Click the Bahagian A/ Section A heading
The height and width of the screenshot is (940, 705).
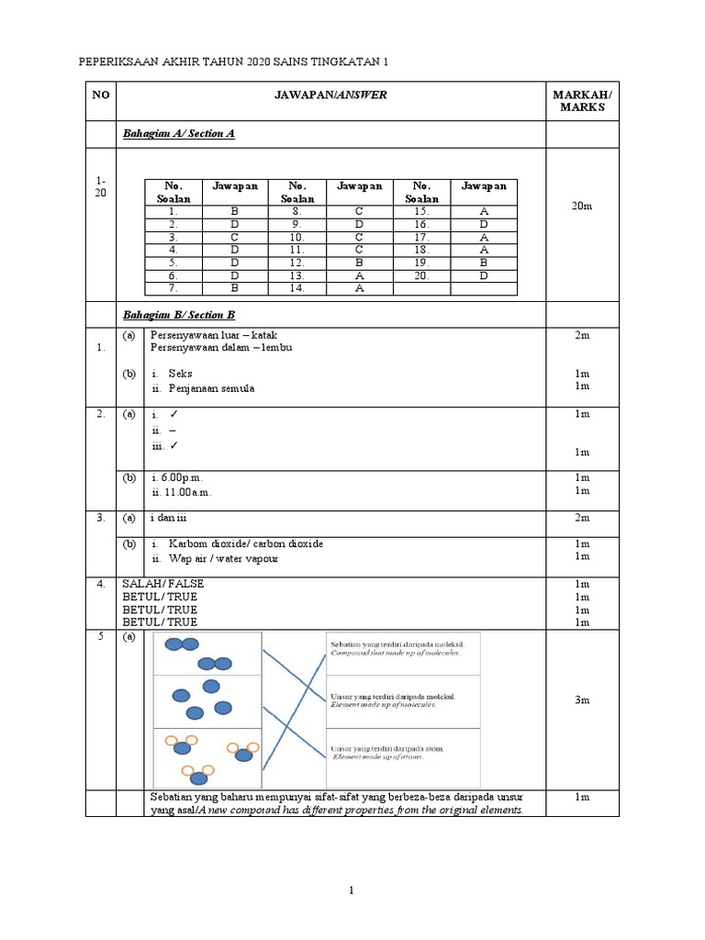[x=180, y=134]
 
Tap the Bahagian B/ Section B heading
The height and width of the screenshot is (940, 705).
[x=180, y=315]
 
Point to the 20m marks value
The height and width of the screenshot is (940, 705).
[x=582, y=207]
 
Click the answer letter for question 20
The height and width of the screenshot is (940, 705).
[x=483, y=274]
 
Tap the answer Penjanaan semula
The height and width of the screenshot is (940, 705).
[x=211, y=388]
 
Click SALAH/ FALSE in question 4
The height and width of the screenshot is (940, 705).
[x=163, y=584]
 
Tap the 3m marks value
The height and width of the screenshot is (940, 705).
[x=582, y=700]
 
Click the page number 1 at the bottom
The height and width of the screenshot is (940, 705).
[x=352, y=890]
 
